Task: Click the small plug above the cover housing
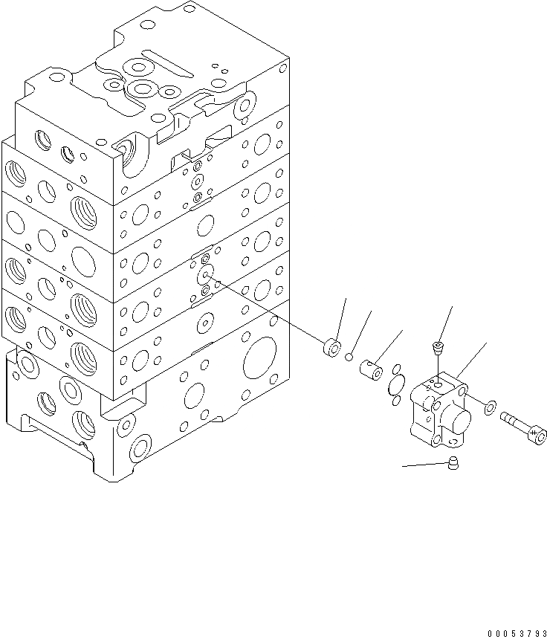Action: point(439,346)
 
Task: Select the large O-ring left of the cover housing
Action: point(398,385)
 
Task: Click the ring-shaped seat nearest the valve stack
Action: point(332,348)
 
